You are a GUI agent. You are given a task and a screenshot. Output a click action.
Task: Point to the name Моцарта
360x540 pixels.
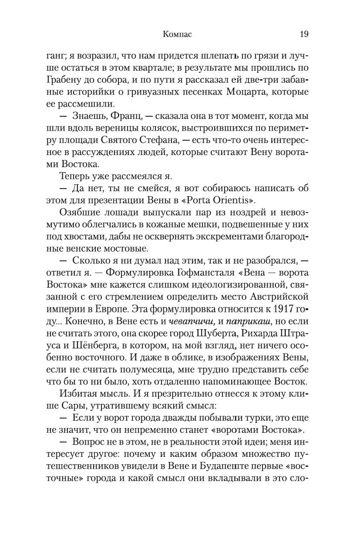click(x=256, y=92)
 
